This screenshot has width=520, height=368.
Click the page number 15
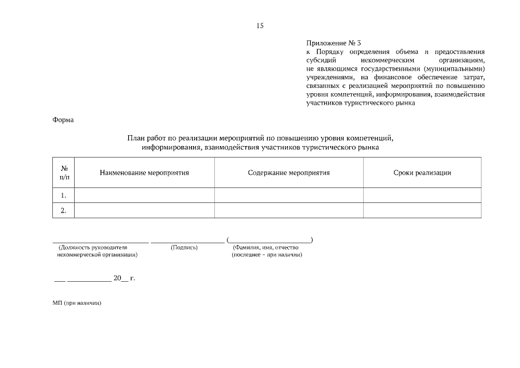point(260,25)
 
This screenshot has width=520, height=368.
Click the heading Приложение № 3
point(334,43)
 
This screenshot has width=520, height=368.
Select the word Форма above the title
point(63,120)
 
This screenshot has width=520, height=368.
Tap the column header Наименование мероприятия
point(144,172)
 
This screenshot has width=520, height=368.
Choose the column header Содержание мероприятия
point(288,172)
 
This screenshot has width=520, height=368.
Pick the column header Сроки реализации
point(422,172)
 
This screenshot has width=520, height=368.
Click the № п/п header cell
point(64,172)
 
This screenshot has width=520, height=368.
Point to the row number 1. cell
point(64,195)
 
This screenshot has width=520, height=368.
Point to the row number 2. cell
point(64,210)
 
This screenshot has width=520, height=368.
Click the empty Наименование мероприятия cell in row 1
point(145,195)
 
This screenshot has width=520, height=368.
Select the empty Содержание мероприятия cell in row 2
point(288,210)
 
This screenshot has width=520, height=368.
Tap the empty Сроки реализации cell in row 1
point(422,195)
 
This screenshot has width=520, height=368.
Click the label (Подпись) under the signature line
point(184,247)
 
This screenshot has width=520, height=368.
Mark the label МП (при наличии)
point(76,303)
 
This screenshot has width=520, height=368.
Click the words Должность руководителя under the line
point(93,247)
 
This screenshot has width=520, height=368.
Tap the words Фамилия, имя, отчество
point(265,247)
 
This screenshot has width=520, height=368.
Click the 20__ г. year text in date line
point(124,278)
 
